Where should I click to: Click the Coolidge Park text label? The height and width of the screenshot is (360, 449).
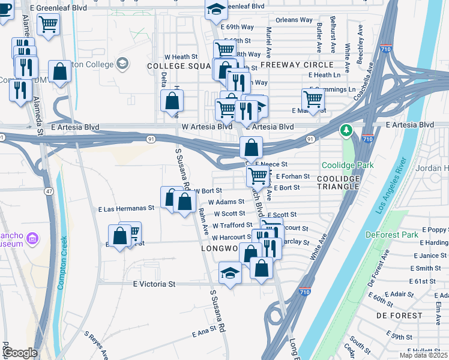pyautogui.click(x=348, y=165)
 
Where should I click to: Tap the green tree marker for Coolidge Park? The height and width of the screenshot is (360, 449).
pyautogui.click(x=346, y=130)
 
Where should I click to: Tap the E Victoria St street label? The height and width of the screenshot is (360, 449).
pyautogui.click(x=154, y=284)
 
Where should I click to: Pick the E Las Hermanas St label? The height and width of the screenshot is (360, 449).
pyautogui.click(x=127, y=209)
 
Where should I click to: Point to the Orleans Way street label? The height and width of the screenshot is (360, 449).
pyautogui.click(x=294, y=20)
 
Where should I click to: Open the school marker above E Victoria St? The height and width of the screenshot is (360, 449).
pyautogui.click(x=230, y=272)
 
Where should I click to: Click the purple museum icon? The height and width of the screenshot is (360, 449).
pyautogui.click(x=32, y=239)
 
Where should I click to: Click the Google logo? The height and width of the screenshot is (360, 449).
pyautogui.click(x=20, y=353)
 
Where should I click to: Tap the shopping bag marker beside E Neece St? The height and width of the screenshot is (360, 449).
pyautogui.click(x=251, y=147)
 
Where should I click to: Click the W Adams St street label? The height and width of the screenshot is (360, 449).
pyautogui.click(x=226, y=202)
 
